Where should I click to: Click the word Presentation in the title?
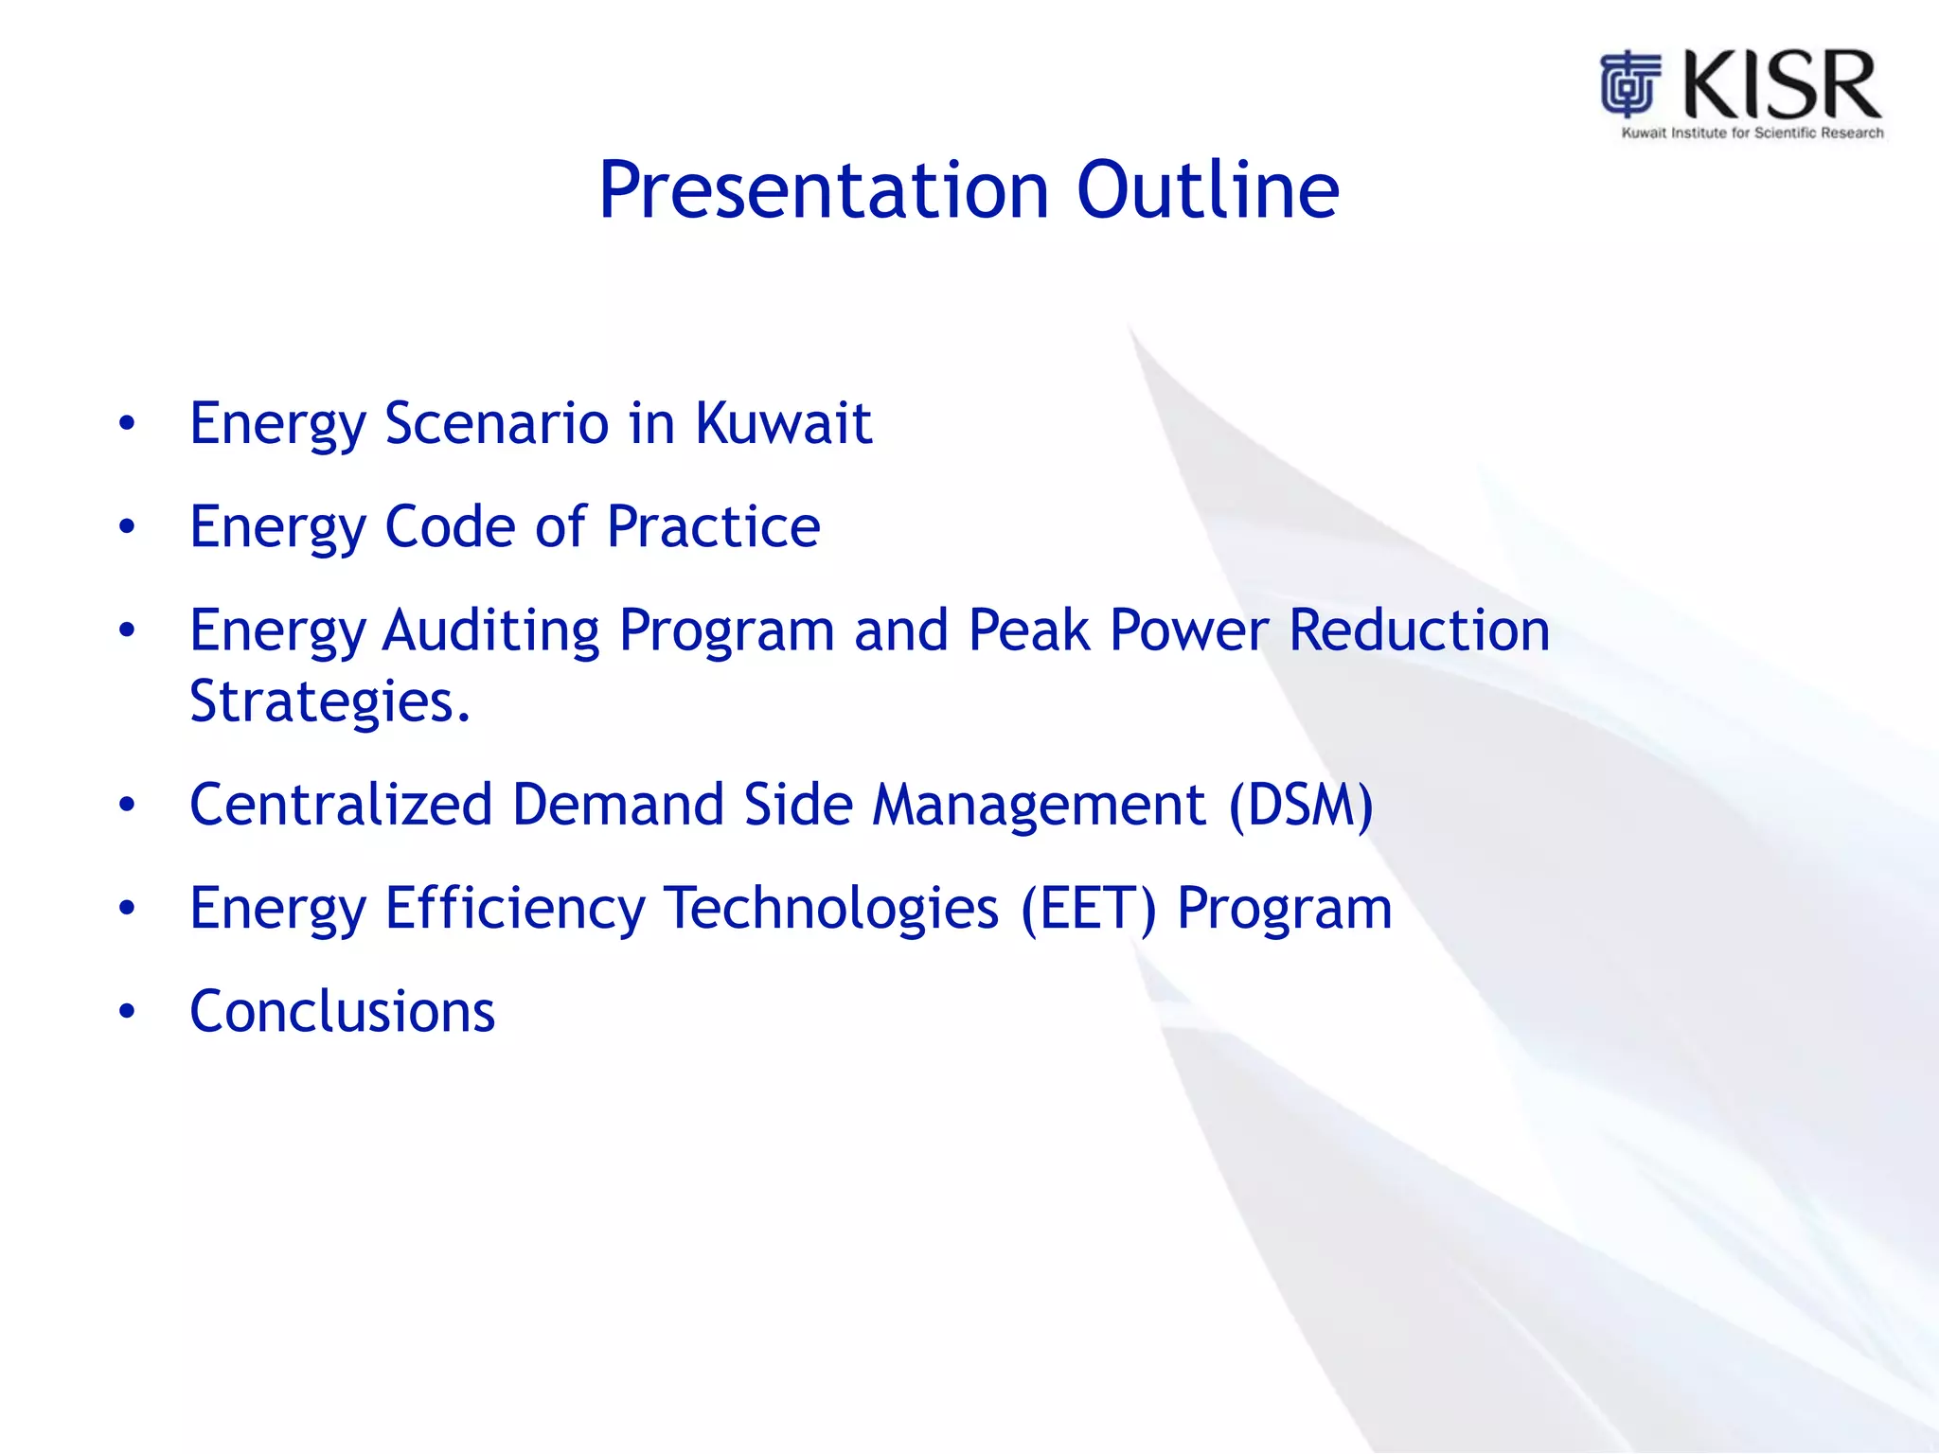pos(825,190)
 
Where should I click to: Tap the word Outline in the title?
pos(1208,190)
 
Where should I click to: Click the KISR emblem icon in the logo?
pos(1630,83)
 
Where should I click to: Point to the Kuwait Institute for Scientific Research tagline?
pos(1752,133)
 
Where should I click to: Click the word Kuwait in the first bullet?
pos(783,422)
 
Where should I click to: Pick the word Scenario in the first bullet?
pos(497,422)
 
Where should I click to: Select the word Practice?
pos(714,526)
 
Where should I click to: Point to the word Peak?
pos(1029,629)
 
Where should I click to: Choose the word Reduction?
pos(1419,629)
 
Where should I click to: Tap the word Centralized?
pos(341,805)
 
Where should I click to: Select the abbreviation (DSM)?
pos(1301,807)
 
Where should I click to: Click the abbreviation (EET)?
pos(1089,910)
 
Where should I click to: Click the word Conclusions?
pos(342,1011)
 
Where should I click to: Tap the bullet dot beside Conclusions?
pos(127,1012)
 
